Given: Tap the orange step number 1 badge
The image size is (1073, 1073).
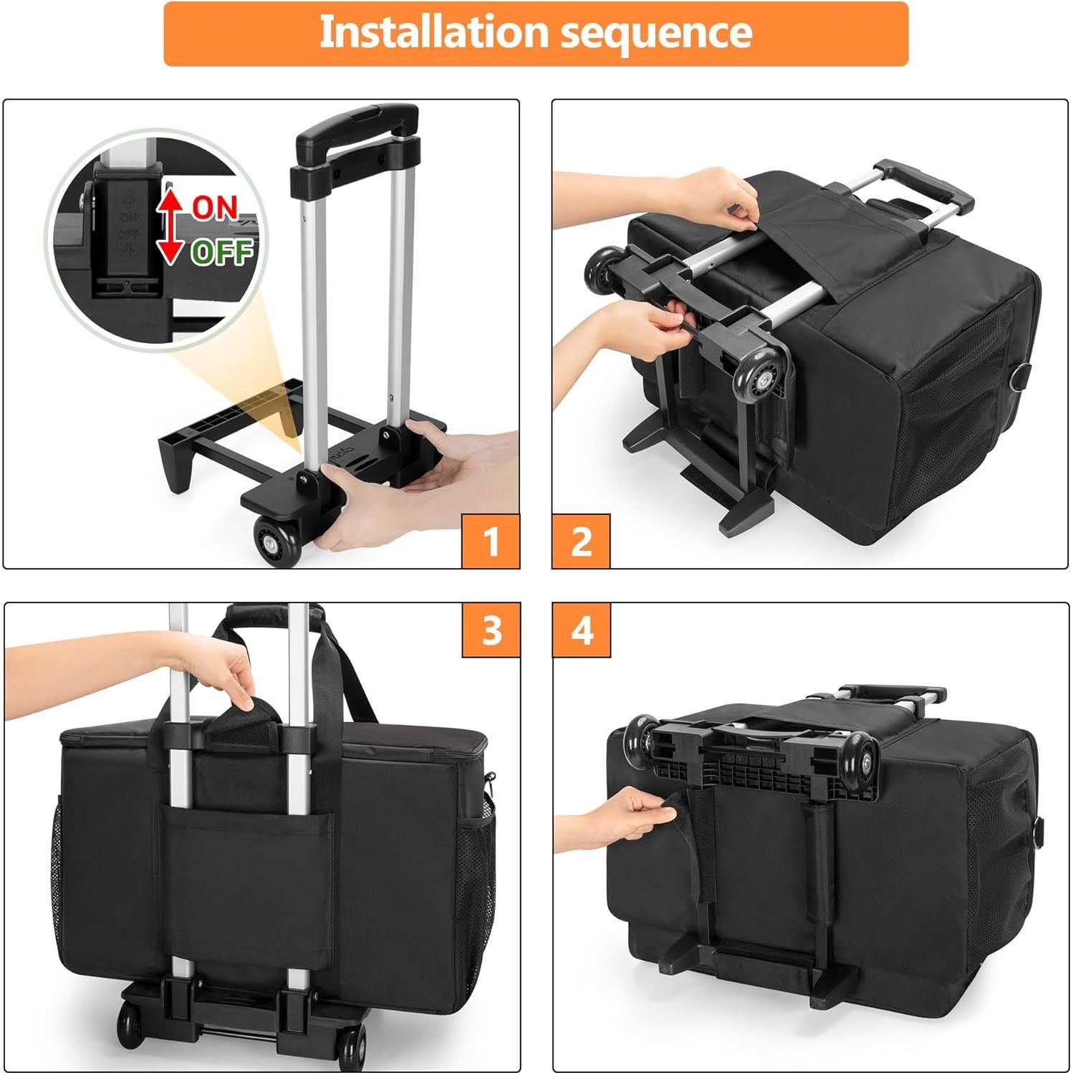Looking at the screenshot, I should point(491,541).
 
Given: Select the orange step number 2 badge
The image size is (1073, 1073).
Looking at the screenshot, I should point(581,541).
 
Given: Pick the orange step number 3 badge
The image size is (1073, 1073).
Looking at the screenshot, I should point(491,630).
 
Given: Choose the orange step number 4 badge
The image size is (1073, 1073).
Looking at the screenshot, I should point(581,630).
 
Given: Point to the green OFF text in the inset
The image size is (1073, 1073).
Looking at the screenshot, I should point(222,251).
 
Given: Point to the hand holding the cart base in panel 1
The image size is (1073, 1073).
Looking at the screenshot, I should point(401,487).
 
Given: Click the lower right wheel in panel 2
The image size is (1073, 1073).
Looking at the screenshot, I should point(763,378).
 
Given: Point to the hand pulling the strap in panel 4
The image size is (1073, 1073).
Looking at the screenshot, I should point(623,817).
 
